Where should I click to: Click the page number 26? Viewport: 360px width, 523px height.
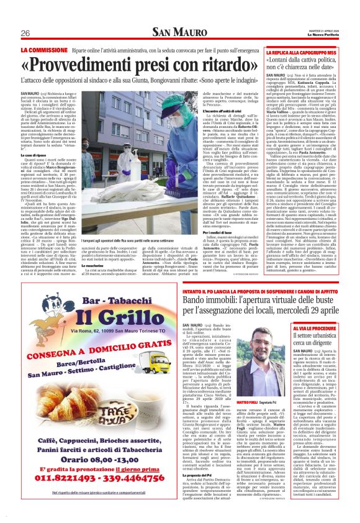tap(25, 33)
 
